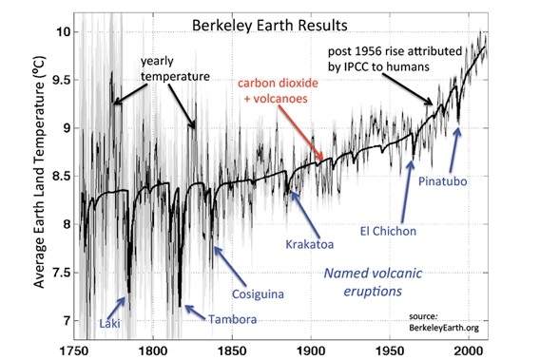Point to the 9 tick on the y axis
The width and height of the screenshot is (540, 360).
click(x=62, y=128)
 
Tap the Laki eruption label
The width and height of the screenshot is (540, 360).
click(x=108, y=325)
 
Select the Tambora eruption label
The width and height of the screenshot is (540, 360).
click(x=232, y=319)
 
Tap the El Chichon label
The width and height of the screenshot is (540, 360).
click(x=391, y=229)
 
